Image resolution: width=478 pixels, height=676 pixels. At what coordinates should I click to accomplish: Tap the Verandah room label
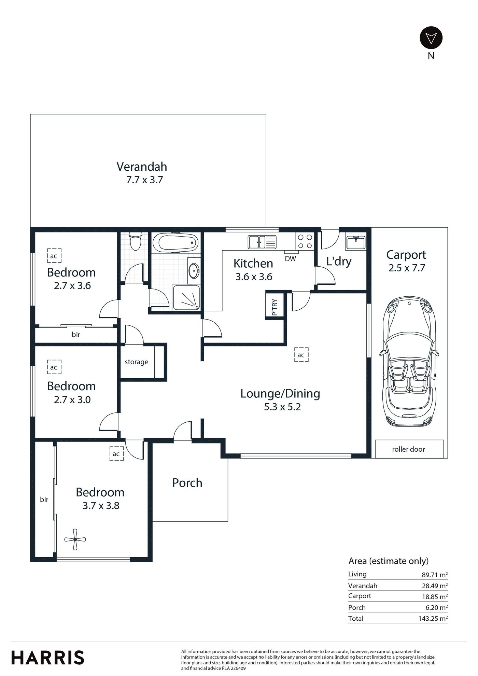coord(142,167)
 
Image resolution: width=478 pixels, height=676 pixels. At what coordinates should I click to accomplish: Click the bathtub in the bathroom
coord(175,243)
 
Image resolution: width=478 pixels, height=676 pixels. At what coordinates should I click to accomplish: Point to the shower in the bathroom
coord(186,298)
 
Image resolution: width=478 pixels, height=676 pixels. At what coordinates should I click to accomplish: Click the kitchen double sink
coord(262,242)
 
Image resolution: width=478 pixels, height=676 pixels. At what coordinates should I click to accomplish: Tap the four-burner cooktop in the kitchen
coord(305,241)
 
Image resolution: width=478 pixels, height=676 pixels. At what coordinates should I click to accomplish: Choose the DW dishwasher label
coord(291,259)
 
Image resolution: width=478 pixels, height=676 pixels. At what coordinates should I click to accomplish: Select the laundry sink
coord(355,242)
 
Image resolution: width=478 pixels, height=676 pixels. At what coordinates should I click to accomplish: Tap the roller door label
coord(409,449)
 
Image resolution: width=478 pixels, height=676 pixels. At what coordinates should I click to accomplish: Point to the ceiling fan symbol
coord(75,539)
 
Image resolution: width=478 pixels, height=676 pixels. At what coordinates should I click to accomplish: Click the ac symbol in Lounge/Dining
coord(301,355)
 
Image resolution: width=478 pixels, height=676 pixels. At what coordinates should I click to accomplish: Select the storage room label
coord(137,362)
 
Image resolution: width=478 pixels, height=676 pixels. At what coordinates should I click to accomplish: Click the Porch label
coord(187,483)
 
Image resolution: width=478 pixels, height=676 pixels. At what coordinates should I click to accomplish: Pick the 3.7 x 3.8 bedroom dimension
coord(101,506)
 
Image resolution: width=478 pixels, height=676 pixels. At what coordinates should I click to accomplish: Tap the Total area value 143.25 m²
coord(433,618)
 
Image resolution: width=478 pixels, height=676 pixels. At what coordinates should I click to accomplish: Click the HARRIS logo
coord(47,658)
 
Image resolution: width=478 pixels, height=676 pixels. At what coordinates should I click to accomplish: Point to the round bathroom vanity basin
coord(194,271)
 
